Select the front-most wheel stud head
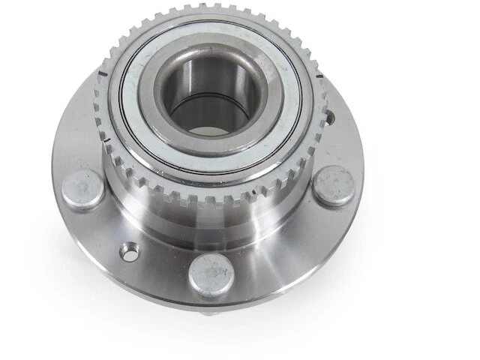pos(211,274)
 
